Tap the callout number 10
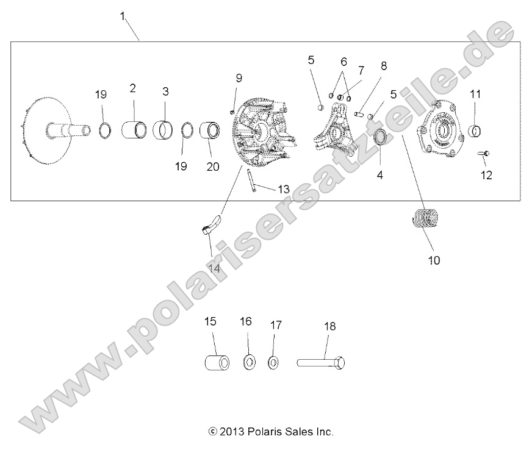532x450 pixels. pyautogui.click(x=434, y=260)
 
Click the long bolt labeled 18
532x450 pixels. pyautogui.click(x=322, y=362)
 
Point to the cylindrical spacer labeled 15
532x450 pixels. pyautogui.click(x=217, y=362)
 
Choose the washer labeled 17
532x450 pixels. pyautogui.click(x=273, y=363)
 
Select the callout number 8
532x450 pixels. pyautogui.click(x=383, y=66)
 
